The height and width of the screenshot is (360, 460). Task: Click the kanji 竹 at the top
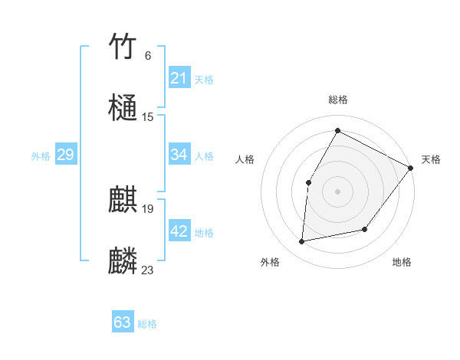click(123, 47)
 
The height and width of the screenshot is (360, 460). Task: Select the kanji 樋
click(123, 107)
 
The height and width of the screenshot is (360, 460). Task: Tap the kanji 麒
click(123, 200)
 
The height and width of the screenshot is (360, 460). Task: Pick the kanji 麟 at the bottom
click(123, 261)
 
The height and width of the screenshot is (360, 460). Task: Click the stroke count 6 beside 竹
click(147, 55)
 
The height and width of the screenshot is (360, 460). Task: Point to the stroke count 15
click(148, 116)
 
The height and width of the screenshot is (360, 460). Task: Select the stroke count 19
click(148, 208)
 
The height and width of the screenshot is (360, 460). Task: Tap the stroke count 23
click(148, 270)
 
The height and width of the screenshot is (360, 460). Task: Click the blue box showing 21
click(179, 78)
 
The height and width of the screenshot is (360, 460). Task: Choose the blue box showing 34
click(179, 155)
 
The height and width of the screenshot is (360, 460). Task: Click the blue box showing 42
click(179, 231)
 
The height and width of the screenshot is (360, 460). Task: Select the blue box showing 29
click(65, 155)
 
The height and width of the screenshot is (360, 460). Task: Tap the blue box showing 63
click(123, 322)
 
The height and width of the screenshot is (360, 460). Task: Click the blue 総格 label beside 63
click(147, 324)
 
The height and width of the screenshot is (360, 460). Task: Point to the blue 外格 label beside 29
click(41, 156)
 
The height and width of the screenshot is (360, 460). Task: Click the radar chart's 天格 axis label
click(431, 159)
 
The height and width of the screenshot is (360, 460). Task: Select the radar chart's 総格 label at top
click(338, 100)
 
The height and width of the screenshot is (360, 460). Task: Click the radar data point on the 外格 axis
click(302, 242)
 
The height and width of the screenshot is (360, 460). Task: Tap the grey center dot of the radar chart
click(337, 191)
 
